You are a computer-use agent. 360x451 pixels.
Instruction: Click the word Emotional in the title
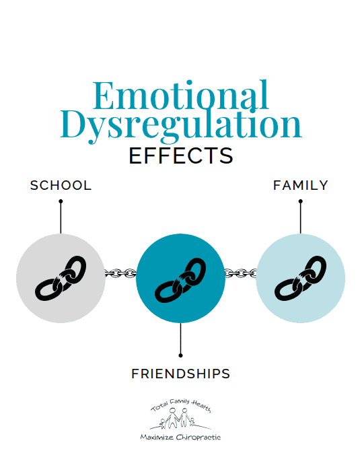coord(180,95)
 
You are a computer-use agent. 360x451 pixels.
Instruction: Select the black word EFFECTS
coord(180,155)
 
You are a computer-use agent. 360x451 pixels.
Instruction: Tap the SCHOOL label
coord(61,185)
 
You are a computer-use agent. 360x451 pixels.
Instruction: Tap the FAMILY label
coord(301,185)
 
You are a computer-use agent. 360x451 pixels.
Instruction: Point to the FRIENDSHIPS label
coord(180,374)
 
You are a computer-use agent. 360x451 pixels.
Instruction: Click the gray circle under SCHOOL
coord(61,278)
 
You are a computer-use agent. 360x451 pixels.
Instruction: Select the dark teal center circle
coord(180,278)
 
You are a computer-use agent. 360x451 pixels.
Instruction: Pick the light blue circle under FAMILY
coord(301,278)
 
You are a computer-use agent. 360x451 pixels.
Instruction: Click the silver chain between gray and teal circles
coord(120,273)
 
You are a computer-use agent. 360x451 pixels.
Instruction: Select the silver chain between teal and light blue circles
coord(240,273)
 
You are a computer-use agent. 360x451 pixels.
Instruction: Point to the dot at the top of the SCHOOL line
coord(61,201)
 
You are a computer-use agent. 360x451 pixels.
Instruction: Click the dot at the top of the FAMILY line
coord(301,201)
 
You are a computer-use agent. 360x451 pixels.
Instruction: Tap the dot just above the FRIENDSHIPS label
coord(180,355)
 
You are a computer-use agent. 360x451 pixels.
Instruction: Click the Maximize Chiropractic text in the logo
coord(180,437)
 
